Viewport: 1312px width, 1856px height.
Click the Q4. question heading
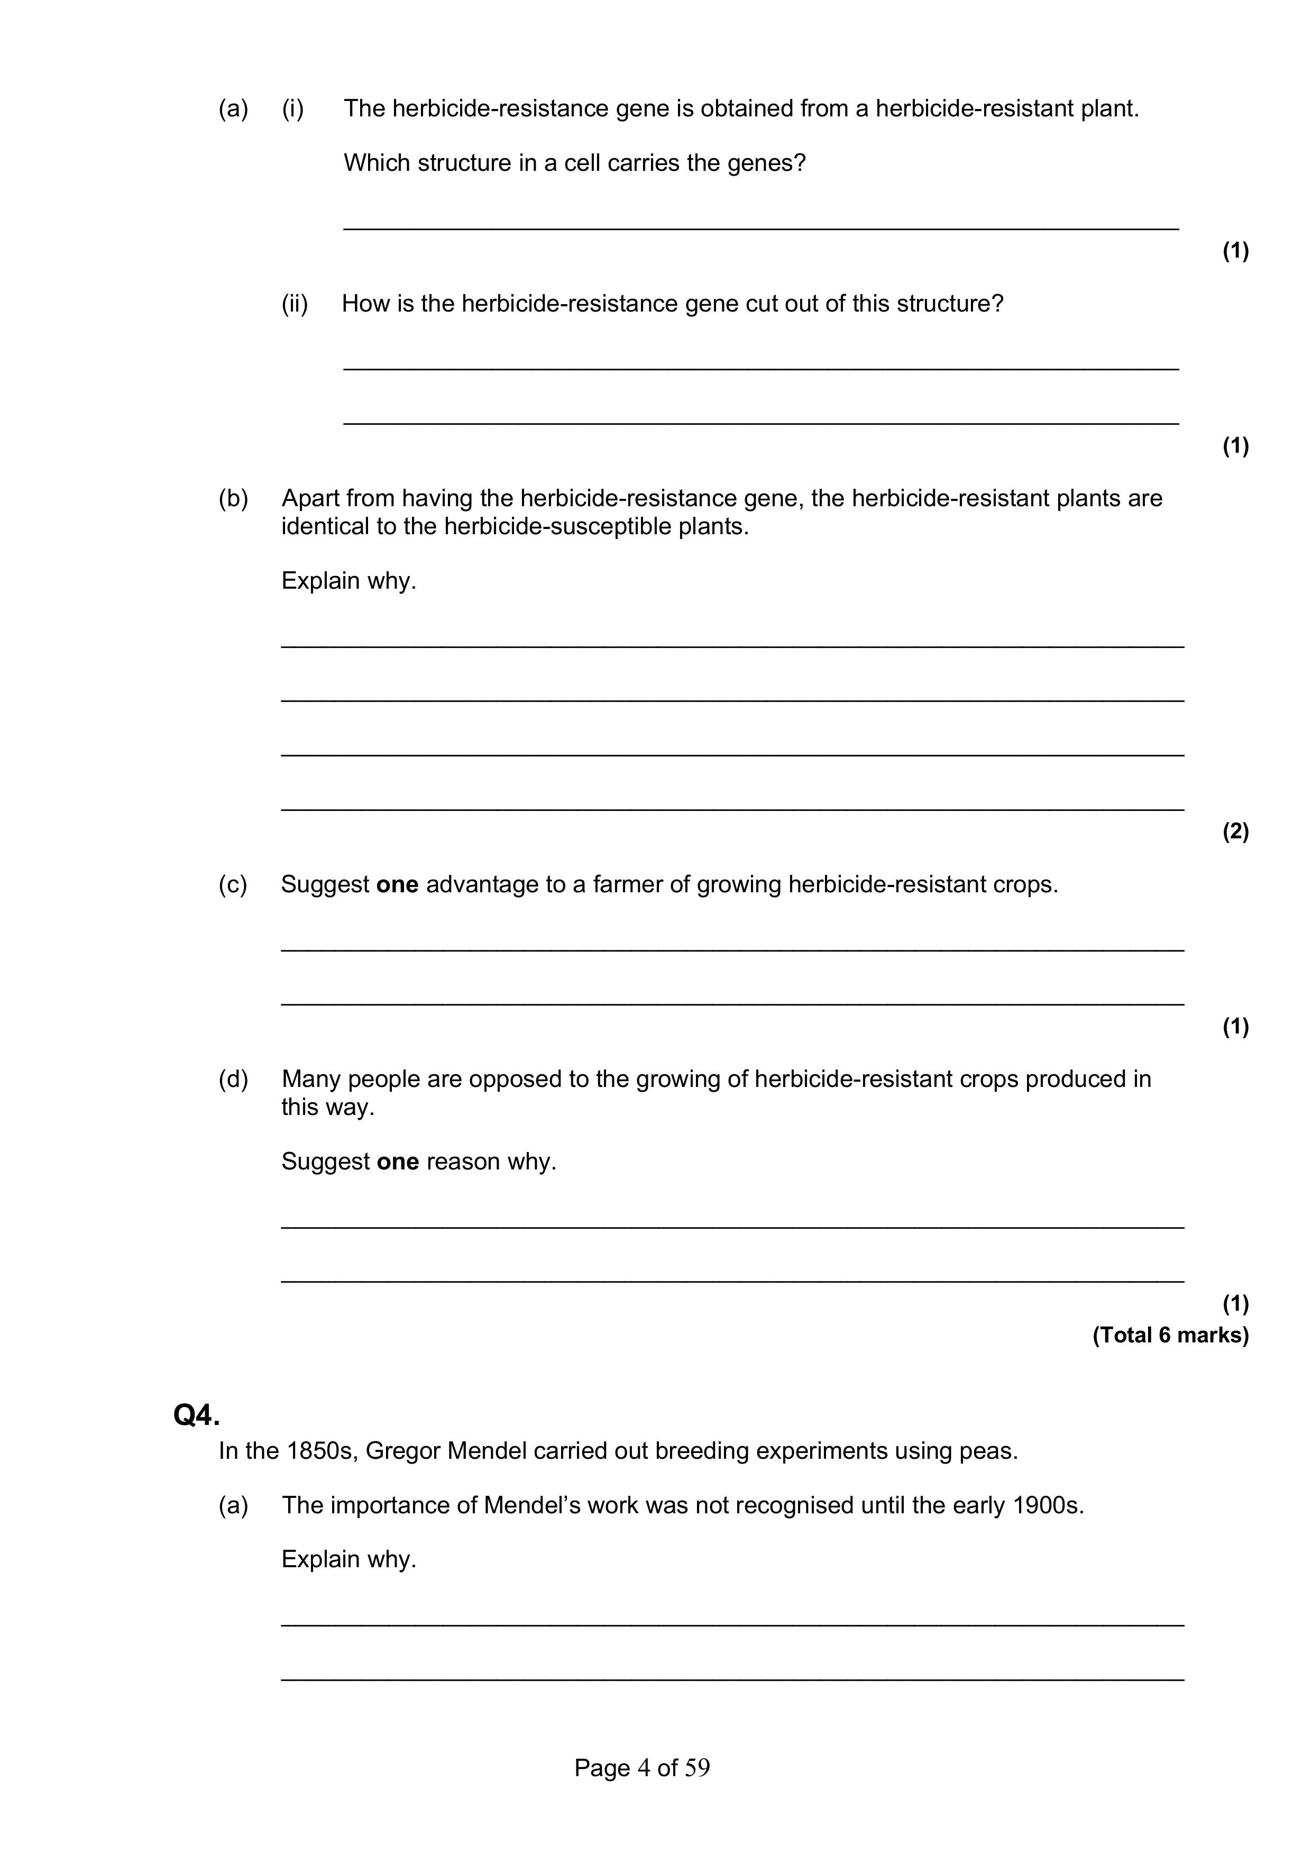196,1415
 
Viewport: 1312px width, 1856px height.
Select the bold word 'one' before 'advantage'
397,884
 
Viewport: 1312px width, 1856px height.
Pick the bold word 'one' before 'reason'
398,1162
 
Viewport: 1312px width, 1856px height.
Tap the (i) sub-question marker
292,108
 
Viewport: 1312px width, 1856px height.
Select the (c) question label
233,884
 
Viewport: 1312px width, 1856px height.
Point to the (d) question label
233,1079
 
